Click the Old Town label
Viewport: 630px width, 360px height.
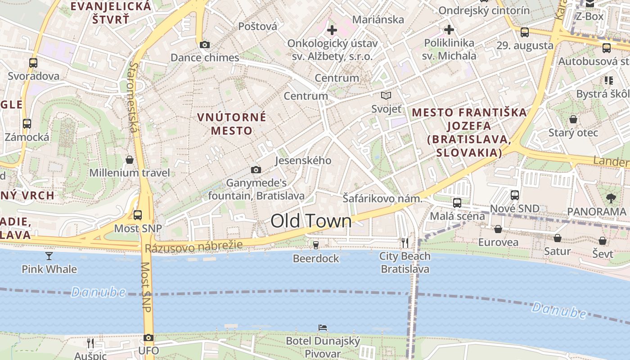[x=311, y=221]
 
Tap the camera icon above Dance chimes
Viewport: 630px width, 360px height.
[x=205, y=45]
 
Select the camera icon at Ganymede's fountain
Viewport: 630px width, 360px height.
[x=256, y=170]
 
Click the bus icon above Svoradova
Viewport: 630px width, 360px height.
[x=33, y=63]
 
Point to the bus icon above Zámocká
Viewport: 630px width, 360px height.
[x=27, y=123]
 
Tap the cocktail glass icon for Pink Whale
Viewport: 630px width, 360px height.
[x=49, y=256]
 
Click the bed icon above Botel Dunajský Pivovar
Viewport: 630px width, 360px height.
[x=322, y=327]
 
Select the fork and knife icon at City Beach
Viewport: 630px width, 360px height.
[x=405, y=243]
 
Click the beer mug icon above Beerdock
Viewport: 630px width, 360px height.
[x=316, y=245]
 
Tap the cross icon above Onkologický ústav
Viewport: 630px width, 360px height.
[x=332, y=30]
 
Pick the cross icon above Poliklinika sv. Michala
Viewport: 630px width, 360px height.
[x=449, y=30]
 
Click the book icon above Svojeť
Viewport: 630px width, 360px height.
[x=386, y=95]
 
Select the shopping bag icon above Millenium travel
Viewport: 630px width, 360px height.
[x=130, y=160]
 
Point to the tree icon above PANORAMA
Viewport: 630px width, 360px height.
[x=611, y=198]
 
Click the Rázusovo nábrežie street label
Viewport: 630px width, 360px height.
[x=193, y=246]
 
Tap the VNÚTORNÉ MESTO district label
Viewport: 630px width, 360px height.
[x=232, y=124]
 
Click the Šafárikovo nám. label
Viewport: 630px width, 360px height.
[x=382, y=198]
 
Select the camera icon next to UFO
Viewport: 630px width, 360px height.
[x=148, y=337]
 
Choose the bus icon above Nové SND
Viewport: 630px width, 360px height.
[x=515, y=195]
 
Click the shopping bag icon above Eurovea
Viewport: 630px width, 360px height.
[x=498, y=229]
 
